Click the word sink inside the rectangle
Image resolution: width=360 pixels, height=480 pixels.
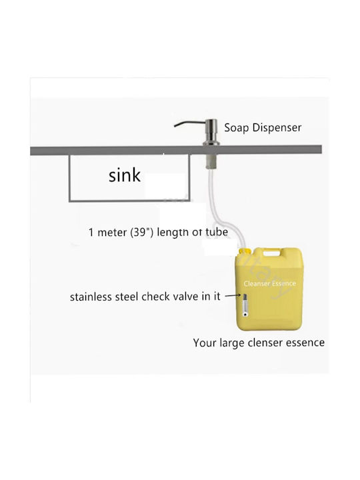click(125, 175)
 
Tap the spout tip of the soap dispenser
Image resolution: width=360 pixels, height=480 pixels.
click(175, 125)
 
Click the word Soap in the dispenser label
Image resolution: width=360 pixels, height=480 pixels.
click(236, 128)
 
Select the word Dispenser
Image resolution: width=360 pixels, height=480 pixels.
click(277, 127)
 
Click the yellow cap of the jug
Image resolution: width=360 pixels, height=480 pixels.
click(245, 251)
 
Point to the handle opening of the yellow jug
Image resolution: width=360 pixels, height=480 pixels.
click(271, 253)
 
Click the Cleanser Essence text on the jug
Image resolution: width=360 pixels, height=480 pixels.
click(270, 283)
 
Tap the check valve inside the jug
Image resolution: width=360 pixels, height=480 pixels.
click(245, 305)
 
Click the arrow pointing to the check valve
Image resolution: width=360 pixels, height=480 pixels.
click(233, 296)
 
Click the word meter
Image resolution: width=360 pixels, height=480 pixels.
click(112, 233)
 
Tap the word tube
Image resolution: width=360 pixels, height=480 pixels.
click(217, 232)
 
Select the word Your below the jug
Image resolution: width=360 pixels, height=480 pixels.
click(205, 343)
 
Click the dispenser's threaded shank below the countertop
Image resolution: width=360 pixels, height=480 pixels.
click(210, 161)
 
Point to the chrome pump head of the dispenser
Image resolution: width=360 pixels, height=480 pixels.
click(211, 131)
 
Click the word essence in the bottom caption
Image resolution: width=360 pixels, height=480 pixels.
click(305, 343)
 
